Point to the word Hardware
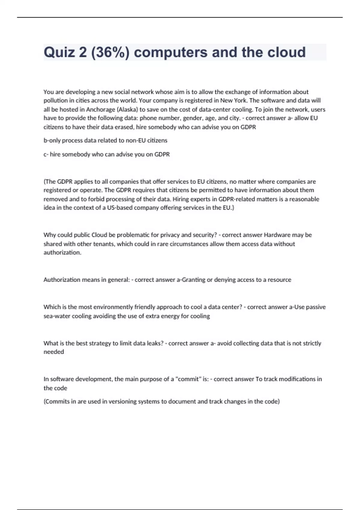pos(277,235)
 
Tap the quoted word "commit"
pos(188,379)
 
